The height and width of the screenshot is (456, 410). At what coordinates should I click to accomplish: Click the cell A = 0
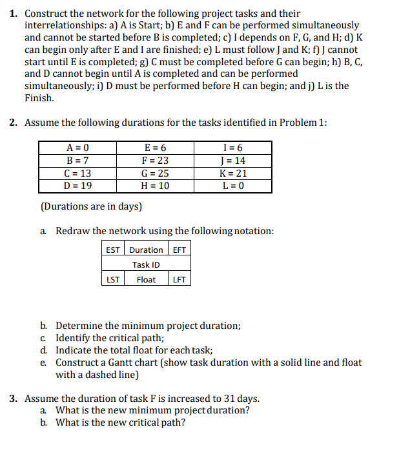pyautogui.click(x=77, y=148)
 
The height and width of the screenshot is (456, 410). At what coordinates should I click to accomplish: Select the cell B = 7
pyautogui.click(x=77, y=161)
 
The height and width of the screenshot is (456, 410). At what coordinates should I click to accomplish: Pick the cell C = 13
pyautogui.click(x=77, y=173)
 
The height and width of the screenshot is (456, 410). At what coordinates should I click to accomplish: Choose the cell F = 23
pyautogui.click(x=155, y=161)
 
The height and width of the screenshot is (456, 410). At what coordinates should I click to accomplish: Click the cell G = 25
pyautogui.click(x=155, y=173)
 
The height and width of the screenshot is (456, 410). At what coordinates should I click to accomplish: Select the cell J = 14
pyautogui.click(x=233, y=161)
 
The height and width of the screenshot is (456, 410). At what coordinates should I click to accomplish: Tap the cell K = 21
pyautogui.click(x=233, y=173)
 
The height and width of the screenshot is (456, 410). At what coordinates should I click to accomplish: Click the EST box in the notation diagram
pyautogui.click(x=112, y=250)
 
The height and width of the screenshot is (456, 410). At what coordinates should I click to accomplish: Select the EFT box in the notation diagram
pyautogui.click(x=179, y=250)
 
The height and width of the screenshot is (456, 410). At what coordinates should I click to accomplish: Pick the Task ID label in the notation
pyautogui.click(x=147, y=264)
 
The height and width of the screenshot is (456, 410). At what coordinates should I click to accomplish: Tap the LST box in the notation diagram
pyautogui.click(x=112, y=279)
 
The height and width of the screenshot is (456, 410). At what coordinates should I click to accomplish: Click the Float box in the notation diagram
pyautogui.click(x=147, y=279)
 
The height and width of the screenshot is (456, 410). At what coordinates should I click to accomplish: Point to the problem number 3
pyautogui.click(x=14, y=399)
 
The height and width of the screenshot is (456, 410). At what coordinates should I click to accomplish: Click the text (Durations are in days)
pyautogui.click(x=91, y=207)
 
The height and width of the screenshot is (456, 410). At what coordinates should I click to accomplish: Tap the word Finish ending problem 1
pyautogui.click(x=39, y=98)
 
